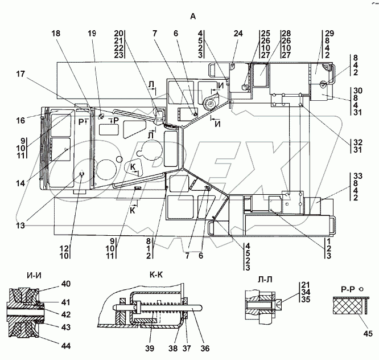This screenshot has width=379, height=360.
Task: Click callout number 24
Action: tap(237, 33)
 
